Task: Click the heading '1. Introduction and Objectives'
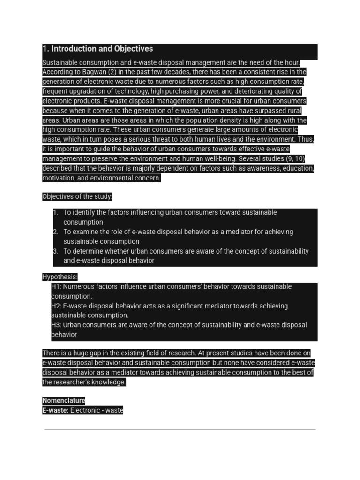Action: pyautogui.click(x=97, y=49)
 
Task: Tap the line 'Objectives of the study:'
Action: pyautogui.click(x=77, y=196)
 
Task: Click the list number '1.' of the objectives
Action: pyautogui.click(x=56, y=213)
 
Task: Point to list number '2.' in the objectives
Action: pyautogui.click(x=55, y=232)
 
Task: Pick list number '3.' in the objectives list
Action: pyautogui.click(x=55, y=251)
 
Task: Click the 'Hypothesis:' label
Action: pyautogui.click(x=60, y=277)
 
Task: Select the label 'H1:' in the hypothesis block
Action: pyautogui.click(x=56, y=287)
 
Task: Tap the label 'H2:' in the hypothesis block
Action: pyautogui.click(x=56, y=306)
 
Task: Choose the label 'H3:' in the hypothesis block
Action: pyautogui.click(x=56, y=325)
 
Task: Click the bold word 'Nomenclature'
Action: pyautogui.click(x=64, y=401)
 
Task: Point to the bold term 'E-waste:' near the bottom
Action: pyautogui.click(x=55, y=410)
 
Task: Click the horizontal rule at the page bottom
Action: pyautogui.click(x=180, y=429)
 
